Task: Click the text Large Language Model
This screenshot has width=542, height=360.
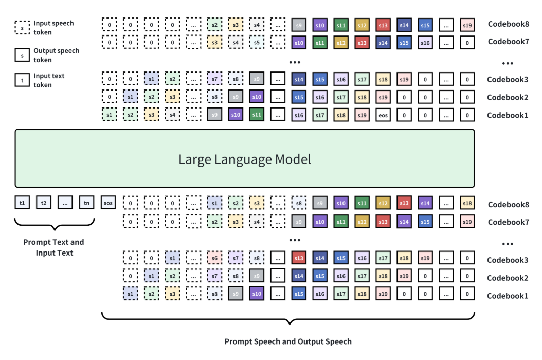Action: point(245,159)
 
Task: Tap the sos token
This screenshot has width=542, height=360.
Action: point(109,203)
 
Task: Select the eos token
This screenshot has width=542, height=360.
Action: point(383,115)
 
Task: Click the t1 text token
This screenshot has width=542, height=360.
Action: point(22,203)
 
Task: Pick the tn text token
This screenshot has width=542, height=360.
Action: point(86,203)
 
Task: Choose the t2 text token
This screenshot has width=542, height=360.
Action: point(44,203)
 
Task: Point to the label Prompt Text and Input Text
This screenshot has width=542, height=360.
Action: point(53,247)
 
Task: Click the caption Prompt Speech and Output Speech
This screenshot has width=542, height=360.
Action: point(288,341)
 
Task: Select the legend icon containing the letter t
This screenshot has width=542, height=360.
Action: point(22,80)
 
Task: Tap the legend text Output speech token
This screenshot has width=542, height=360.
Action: point(57,55)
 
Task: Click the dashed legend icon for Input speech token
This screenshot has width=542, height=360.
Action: point(22,28)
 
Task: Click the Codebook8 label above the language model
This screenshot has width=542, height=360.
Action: point(508,24)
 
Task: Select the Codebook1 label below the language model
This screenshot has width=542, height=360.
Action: point(508,296)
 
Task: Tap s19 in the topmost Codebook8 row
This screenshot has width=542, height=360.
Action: point(467,24)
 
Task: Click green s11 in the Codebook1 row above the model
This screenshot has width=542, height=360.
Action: point(257,115)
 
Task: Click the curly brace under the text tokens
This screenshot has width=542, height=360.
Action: point(54,225)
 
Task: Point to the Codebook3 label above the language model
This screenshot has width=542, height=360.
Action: point(508,80)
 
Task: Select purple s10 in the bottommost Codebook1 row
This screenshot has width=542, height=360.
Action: point(257,295)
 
